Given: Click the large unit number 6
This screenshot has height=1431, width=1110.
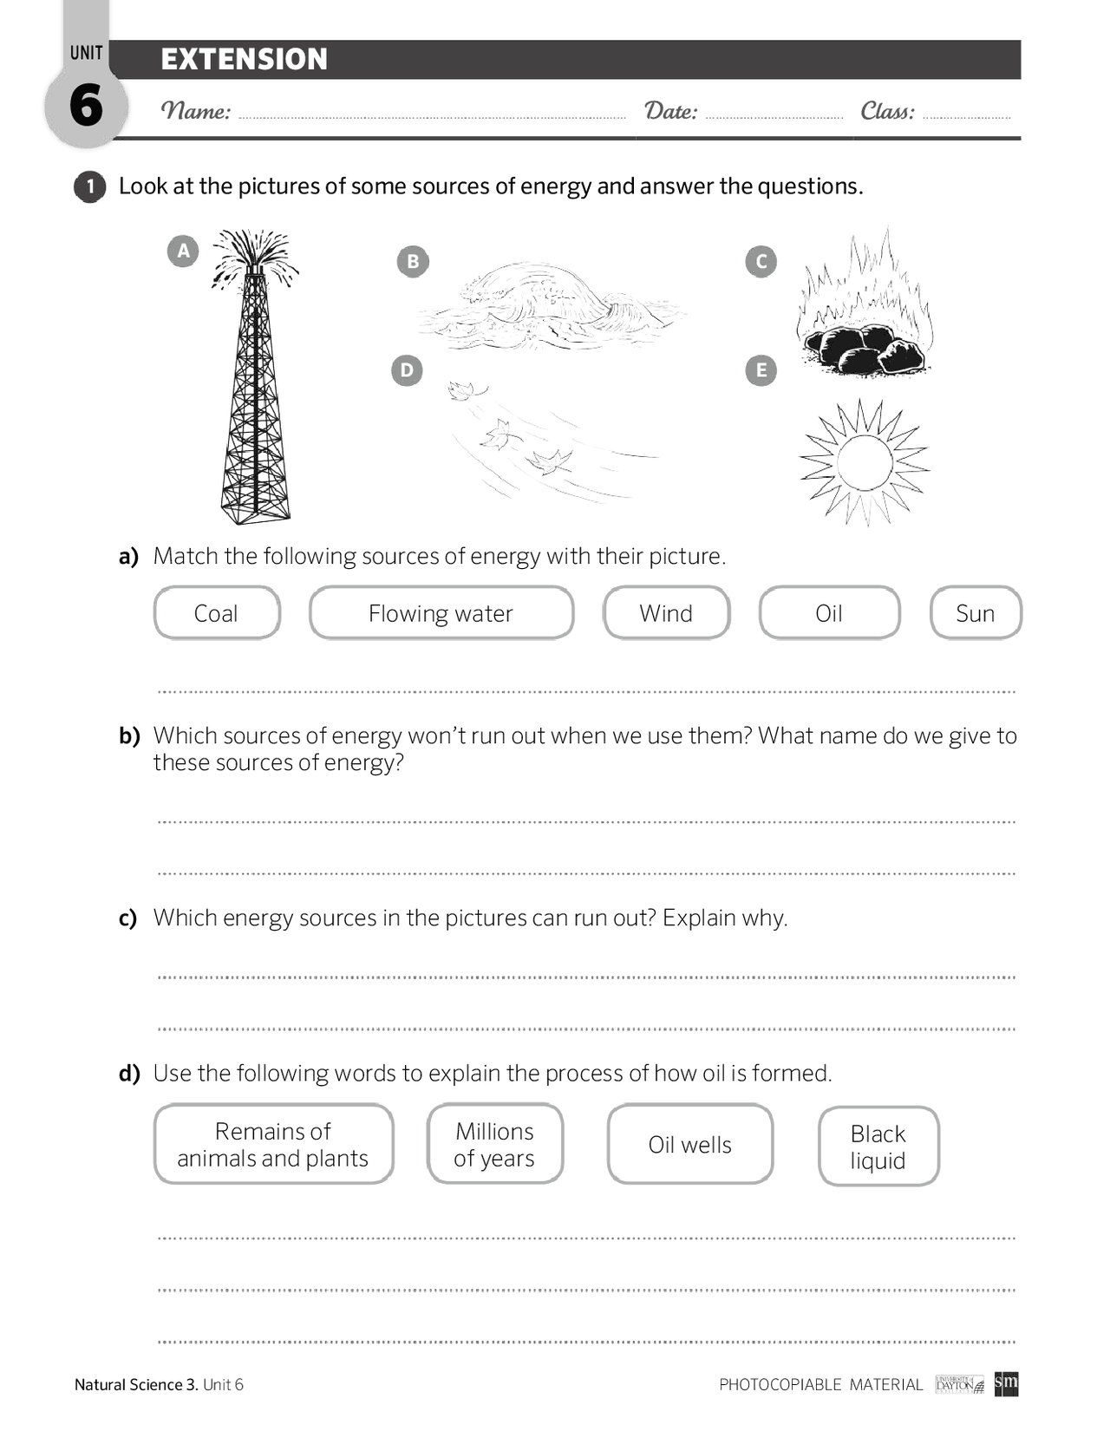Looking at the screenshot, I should (x=86, y=106).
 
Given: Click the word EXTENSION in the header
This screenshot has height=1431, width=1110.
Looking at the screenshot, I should (x=244, y=59).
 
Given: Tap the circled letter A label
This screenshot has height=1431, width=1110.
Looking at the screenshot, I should (x=183, y=252).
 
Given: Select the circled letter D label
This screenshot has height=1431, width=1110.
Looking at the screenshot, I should (x=407, y=370).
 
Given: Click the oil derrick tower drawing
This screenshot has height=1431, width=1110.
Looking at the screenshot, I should (x=255, y=390).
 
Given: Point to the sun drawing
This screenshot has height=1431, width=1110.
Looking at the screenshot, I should (x=865, y=463).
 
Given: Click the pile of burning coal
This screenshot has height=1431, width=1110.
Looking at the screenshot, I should (x=863, y=347).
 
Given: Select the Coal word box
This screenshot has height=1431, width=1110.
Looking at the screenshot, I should (x=217, y=613).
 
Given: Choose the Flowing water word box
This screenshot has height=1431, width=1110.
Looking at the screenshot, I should (x=441, y=613).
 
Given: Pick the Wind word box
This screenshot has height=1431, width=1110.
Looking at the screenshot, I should (x=666, y=613).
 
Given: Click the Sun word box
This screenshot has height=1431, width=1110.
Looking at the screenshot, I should (x=975, y=613).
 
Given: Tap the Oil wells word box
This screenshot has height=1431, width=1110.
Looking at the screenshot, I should (x=689, y=1145).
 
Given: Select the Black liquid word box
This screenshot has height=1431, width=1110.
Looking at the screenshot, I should (x=878, y=1147).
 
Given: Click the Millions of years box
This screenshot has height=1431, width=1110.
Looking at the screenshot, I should (x=494, y=1144).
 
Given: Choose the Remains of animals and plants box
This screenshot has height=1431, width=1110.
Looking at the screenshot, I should (x=273, y=1144).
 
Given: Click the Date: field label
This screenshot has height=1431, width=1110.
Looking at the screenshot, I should (x=670, y=111).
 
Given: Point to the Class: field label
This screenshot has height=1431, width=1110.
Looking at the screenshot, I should (x=887, y=111).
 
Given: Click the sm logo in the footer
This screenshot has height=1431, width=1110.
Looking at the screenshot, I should (x=1006, y=1383).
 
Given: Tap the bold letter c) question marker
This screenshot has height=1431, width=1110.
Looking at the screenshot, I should (x=128, y=918).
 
